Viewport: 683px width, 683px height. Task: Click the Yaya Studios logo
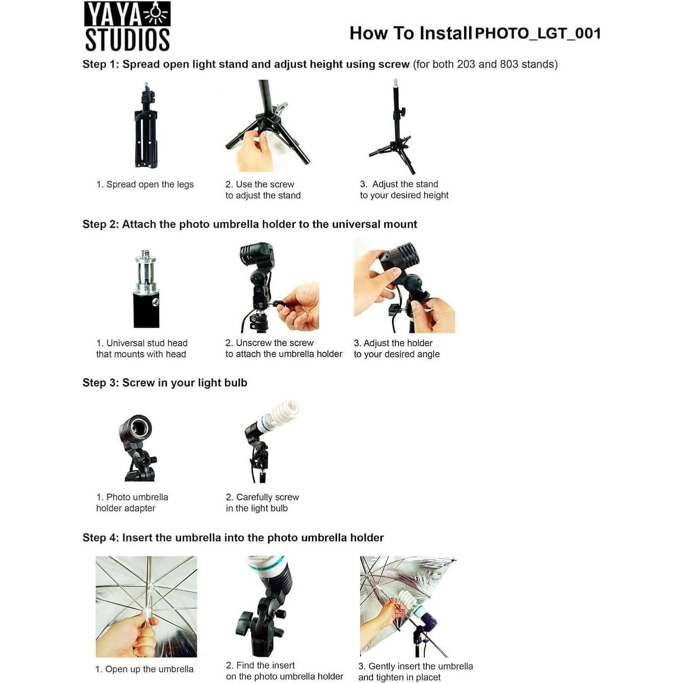tap(127, 26)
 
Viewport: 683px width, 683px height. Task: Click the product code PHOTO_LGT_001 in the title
tap(538, 33)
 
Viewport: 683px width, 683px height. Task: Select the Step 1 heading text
tap(320, 64)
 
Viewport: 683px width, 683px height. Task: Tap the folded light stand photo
tap(146, 125)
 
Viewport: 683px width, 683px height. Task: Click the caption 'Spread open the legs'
tap(145, 184)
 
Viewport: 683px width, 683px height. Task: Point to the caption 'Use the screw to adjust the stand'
tap(263, 190)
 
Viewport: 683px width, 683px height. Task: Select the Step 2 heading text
tap(250, 224)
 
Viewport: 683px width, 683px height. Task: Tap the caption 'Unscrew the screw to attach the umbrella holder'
tap(284, 348)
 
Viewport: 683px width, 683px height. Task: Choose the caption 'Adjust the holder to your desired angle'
tap(397, 348)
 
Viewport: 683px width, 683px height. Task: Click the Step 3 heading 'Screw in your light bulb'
tap(165, 383)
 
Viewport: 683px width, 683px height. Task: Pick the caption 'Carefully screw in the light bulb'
tap(262, 502)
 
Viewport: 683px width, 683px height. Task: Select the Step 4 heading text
tap(233, 538)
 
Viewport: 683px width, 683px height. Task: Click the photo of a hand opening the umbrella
tap(146, 606)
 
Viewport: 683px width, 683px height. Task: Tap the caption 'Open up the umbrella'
tap(144, 669)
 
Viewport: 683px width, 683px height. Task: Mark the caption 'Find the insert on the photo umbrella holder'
tap(285, 671)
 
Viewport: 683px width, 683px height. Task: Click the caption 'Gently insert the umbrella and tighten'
tap(415, 672)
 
